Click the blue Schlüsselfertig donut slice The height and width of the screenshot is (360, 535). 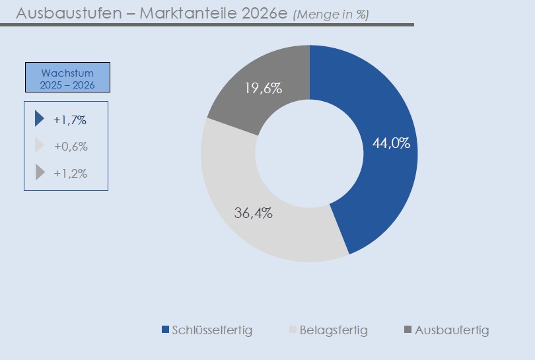pos(390,185)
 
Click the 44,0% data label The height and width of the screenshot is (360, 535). pos(391,143)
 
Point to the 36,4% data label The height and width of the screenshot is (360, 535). pos(254,213)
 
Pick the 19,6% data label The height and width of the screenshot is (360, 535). pos(263,89)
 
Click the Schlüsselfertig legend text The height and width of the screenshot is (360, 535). pos(212,330)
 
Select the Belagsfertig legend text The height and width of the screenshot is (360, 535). pos(334,330)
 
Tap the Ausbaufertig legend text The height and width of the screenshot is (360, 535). pos(452,330)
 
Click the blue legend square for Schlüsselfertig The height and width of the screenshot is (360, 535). pos(165,330)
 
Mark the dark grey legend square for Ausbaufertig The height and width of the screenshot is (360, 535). pos(408,330)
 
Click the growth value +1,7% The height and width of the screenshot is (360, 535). pos(71,120)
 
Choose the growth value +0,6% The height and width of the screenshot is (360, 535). pos(71,147)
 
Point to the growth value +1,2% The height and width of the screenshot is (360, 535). pos(71,174)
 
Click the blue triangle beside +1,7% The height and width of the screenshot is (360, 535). pos(39,119)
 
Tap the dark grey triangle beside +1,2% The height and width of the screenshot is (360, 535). pos(40,173)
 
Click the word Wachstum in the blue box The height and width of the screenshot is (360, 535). pos(67,73)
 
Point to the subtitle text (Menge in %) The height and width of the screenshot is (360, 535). pos(330,15)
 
